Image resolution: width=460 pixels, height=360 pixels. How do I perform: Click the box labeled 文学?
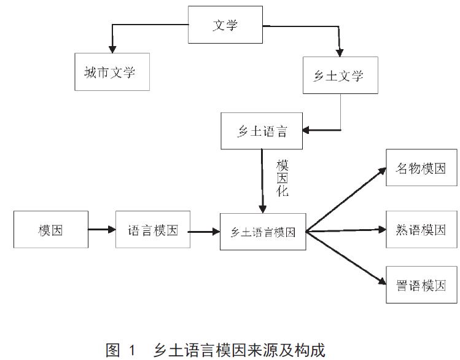225,25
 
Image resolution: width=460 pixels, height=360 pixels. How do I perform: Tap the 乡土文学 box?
340,76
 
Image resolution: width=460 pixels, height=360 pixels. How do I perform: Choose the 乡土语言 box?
262,131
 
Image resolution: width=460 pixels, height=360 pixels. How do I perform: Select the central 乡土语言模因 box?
263,232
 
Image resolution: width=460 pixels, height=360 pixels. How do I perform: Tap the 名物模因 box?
421,167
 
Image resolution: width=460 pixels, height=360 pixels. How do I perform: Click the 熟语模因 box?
421,230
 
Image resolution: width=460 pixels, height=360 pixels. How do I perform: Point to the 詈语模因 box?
421,285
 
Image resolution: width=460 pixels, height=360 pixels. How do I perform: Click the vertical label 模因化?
282,178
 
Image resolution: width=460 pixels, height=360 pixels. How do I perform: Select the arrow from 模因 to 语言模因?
102,230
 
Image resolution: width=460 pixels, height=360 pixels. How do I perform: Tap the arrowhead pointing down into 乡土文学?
339,52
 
